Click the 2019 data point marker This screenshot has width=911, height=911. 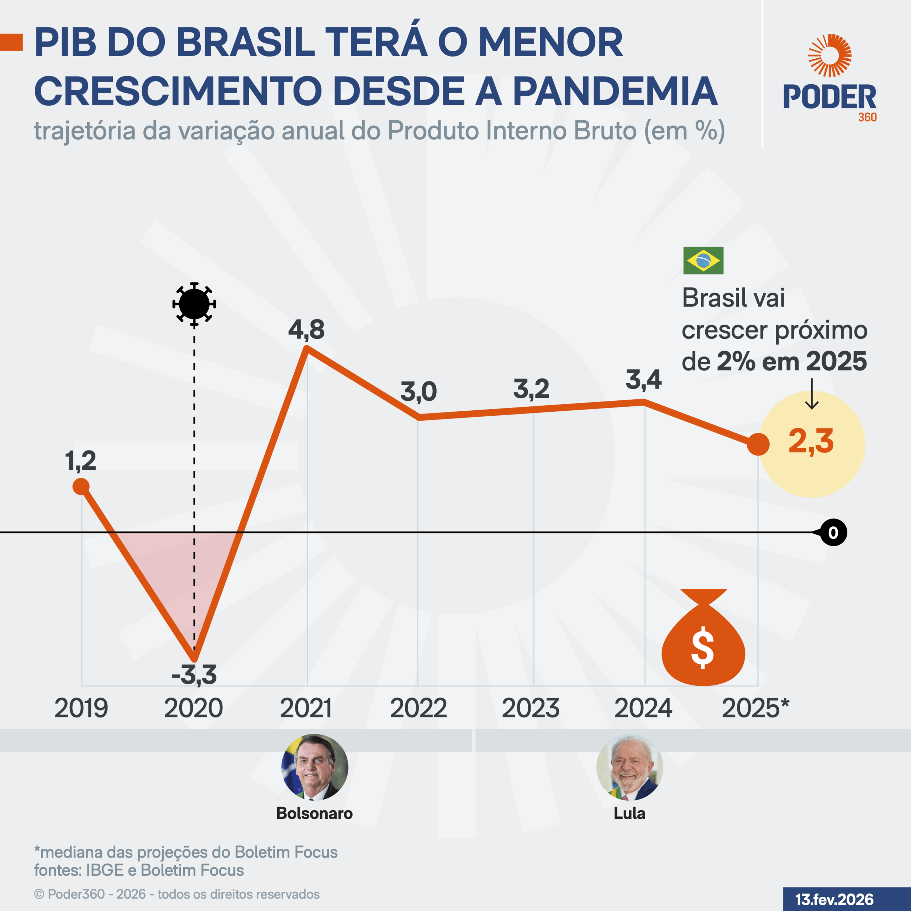pos(81,486)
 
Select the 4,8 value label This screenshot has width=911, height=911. pos(306,329)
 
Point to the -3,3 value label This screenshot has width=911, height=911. pos(194,675)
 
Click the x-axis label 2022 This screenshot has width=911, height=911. pos(418,708)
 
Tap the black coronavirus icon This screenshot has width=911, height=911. pos(194,304)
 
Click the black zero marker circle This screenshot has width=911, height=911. pos(833,532)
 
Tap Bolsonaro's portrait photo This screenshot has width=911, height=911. pos(315,767)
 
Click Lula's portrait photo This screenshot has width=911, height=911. pos(630,767)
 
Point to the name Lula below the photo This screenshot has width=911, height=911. pos(630,813)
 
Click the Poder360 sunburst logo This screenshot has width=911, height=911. pos(830,55)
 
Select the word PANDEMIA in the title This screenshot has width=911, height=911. pos(615,91)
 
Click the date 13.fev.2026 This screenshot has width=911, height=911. pos(834,899)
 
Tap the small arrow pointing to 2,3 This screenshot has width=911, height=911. pos(811,394)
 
